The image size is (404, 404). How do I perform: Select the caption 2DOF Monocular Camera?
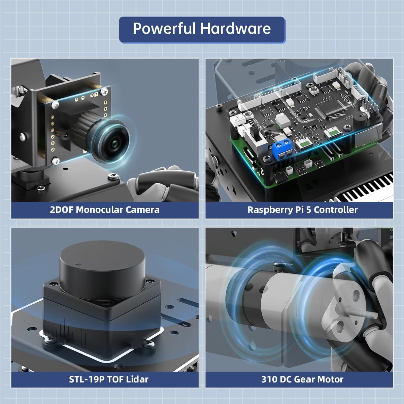pyautogui.click(x=105, y=210)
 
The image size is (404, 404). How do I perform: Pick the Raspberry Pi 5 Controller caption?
pyautogui.click(x=302, y=210)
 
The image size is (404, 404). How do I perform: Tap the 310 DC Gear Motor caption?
pyautogui.click(x=302, y=379)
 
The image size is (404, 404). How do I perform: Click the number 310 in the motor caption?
pyautogui.click(x=269, y=379)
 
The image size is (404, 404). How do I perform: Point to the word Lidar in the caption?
pyautogui.click(x=137, y=379)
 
